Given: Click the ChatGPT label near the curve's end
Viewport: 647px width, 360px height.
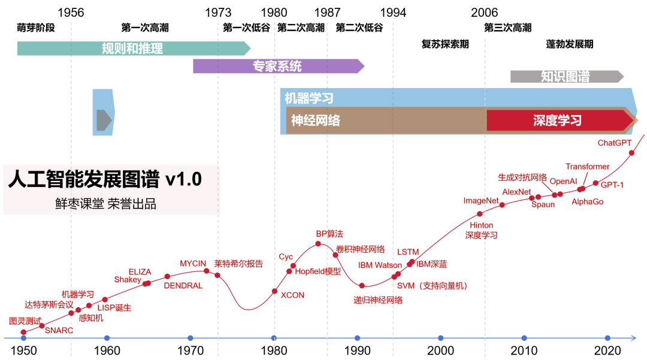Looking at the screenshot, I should pyautogui.click(x=614, y=143).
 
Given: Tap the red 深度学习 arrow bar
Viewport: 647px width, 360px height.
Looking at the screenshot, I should pyautogui.click(x=557, y=120).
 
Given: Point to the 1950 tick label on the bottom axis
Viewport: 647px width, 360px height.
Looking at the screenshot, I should pyautogui.click(x=23, y=350).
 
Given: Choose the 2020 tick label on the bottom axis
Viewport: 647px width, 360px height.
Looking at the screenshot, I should pyautogui.click(x=607, y=350).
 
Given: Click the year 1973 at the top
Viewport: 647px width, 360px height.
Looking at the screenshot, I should pyautogui.click(x=218, y=13).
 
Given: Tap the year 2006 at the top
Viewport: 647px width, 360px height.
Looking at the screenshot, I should pyautogui.click(x=484, y=13).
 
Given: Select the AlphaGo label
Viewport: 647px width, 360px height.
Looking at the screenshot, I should pyautogui.click(x=587, y=202).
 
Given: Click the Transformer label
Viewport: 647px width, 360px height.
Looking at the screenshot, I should pyautogui.click(x=587, y=167).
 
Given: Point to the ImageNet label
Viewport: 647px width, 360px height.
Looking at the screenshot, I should pyautogui.click(x=481, y=201).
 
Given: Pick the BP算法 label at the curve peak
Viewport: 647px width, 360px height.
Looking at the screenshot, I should pyautogui.click(x=329, y=234).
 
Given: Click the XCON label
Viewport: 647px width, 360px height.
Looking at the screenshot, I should pyautogui.click(x=292, y=295).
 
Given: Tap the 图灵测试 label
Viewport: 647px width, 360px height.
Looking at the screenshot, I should pyautogui.click(x=25, y=321).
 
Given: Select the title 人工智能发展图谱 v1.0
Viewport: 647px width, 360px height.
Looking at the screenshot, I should pyautogui.click(x=105, y=180).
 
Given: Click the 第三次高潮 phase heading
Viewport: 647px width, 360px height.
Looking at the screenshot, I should pyautogui.click(x=507, y=28).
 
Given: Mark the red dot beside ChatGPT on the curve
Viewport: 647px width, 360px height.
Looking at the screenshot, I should pyautogui.click(x=631, y=153).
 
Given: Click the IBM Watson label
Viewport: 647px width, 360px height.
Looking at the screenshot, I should pyautogui.click(x=380, y=265).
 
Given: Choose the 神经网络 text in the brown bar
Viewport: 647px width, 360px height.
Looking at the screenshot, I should pyautogui.click(x=316, y=120).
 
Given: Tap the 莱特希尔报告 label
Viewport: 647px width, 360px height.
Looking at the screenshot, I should pyautogui.click(x=238, y=264).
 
